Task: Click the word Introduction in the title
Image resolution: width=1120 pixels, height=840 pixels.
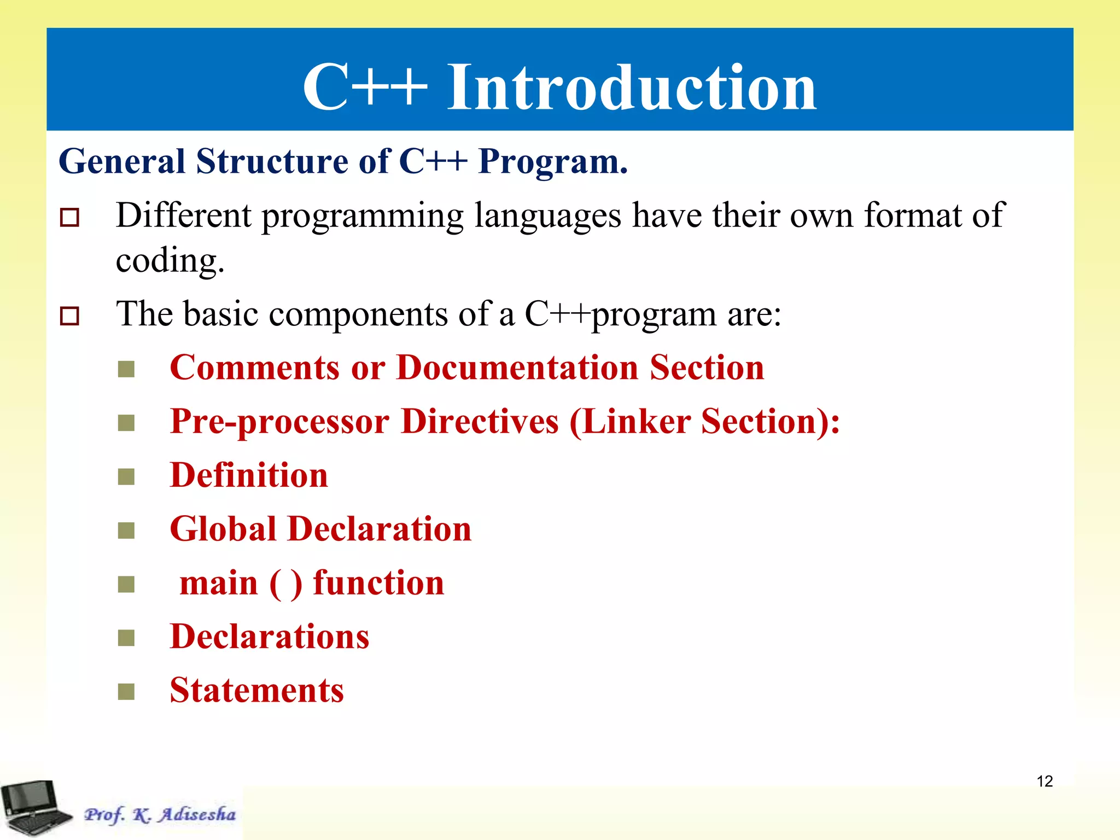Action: (x=632, y=87)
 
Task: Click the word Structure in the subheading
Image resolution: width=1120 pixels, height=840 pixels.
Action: (x=272, y=162)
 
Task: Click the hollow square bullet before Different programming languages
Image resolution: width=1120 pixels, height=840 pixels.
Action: (x=69, y=218)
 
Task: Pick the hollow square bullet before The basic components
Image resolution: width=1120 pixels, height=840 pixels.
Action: (x=69, y=316)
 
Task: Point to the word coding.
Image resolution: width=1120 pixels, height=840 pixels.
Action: (x=170, y=260)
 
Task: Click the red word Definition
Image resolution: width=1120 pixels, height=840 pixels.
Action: (x=249, y=475)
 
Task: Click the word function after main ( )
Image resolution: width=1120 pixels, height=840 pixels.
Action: (x=378, y=583)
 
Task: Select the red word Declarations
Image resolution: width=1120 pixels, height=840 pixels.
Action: (x=270, y=637)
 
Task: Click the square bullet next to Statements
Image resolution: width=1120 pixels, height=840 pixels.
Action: (x=126, y=692)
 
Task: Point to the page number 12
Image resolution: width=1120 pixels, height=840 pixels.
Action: (x=1045, y=781)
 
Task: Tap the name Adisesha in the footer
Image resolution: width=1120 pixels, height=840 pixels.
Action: (x=197, y=814)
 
